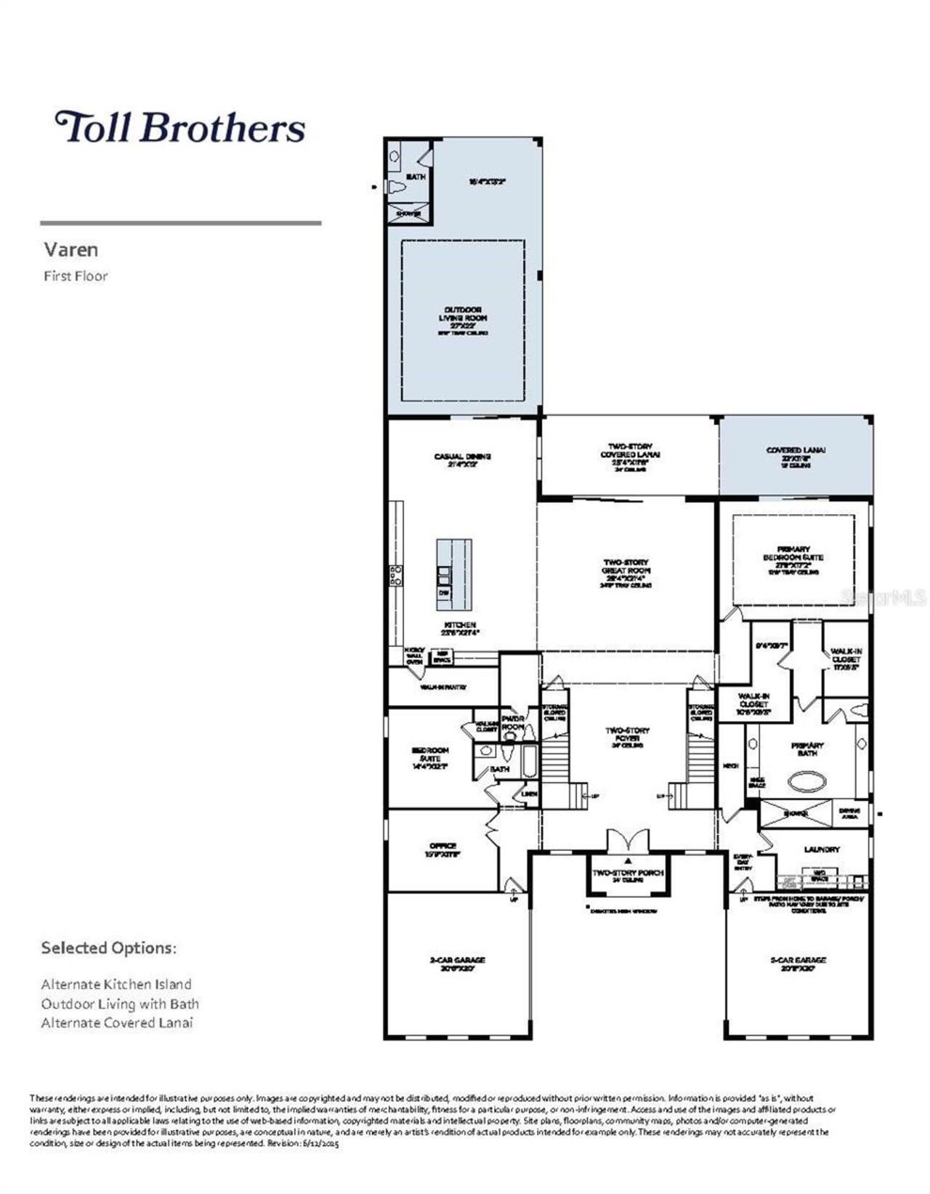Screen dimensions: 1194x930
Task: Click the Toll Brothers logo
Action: pyautogui.click(x=179, y=127)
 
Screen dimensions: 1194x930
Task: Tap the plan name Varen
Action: pyautogui.click(x=70, y=249)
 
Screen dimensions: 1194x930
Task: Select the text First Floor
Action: pyautogui.click(x=76, y=276)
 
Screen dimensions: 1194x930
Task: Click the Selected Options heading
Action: pyautogui.click(x=108, y=948)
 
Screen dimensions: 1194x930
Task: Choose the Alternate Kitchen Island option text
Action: pyautogui.click(x=116, y=984)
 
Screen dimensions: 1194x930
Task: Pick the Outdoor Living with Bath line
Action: pyautogui.click(x=120, y=1004)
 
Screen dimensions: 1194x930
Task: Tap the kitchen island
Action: pyautogui.click(x=454, y=574)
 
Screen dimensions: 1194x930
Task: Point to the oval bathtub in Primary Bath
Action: pyautogui.click(x=806, y=783)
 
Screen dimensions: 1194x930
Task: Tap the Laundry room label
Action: pyautogui.click(x=822, y=849)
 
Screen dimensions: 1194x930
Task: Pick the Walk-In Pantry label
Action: pyautogui.click(x=443, y=687)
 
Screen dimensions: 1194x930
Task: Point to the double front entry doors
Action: pyautogui.click(x=627, y=842)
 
